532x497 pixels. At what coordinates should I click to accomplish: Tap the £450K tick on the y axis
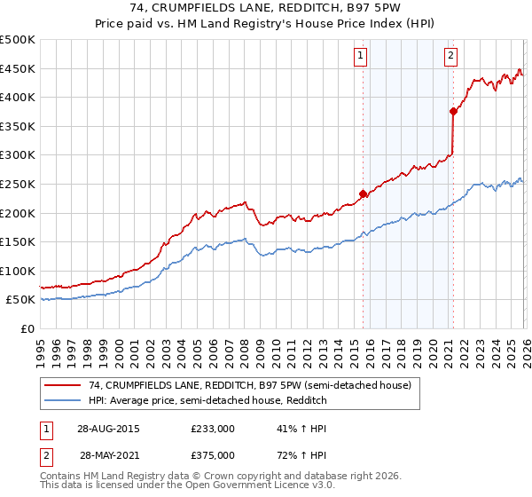tap(18, 68)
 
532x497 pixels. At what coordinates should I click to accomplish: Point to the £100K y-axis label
tap(18, 271)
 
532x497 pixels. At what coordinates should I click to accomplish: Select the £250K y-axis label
tap(18, 184)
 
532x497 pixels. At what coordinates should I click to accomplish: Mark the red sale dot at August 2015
tap(363, 193)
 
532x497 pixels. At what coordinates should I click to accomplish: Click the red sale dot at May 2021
tap(453, 111)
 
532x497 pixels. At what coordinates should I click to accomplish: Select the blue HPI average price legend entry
tap(208, 401)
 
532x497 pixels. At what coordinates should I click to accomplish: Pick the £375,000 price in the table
tap(212, 454)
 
